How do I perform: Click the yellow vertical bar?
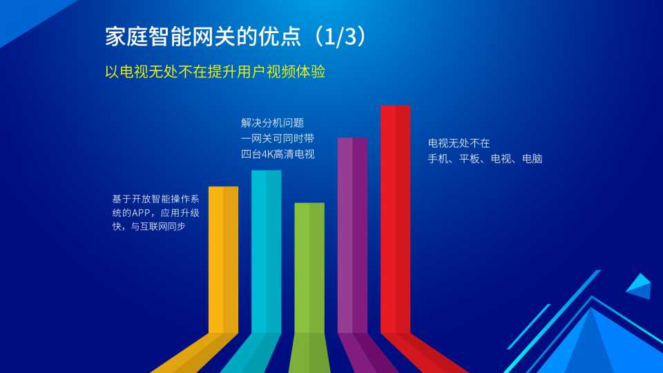223,260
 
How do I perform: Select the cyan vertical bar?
267,251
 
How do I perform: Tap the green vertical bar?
309,268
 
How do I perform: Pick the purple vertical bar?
352,235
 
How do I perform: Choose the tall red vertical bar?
395,219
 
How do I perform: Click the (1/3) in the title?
340,37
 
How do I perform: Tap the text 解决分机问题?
272,123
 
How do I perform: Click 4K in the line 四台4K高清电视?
267,154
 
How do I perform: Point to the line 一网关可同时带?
278,139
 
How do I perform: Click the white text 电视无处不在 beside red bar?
459,144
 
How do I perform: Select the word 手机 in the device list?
438,159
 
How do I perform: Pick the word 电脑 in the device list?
532,159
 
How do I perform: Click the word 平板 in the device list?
470,159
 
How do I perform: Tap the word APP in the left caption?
141,213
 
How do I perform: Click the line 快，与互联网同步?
149,227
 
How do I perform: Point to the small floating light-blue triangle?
639,286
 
